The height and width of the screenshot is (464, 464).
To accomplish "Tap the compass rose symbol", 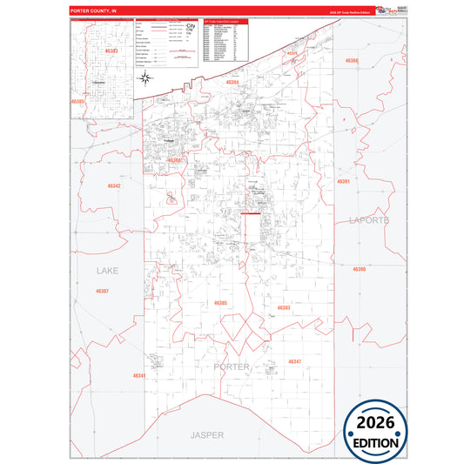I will (145, 77).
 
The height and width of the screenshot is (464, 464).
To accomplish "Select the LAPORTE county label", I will (369, 220).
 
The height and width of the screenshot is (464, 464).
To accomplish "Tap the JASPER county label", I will (207, 434).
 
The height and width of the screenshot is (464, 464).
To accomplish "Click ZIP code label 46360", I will (351, 61).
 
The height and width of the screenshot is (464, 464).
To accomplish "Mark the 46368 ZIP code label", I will (175, 160).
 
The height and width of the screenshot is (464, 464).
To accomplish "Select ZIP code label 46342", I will (114, 185).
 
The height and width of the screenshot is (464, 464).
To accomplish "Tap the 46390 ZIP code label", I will (360, 269).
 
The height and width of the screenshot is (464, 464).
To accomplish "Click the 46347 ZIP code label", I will (295, 360).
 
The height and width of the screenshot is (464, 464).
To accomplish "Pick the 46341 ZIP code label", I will (139, 375).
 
